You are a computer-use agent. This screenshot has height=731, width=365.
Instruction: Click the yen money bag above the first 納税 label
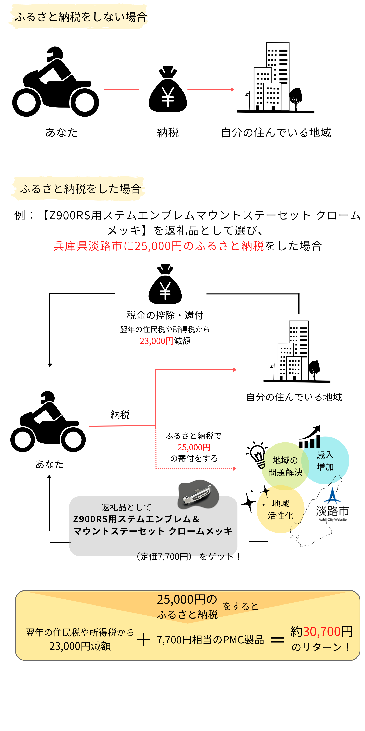[168, 90]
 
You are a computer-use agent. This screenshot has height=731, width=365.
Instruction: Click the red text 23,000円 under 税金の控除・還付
[156, 341]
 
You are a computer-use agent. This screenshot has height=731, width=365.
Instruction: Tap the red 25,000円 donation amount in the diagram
[194, 447]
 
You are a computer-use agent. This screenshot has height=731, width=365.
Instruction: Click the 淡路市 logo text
[332, 511]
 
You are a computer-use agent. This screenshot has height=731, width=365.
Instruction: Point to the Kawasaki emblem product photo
[198, 494]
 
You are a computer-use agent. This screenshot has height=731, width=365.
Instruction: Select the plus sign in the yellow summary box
[143, 640]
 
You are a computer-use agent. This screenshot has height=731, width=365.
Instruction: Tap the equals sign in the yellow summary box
[277, 640]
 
